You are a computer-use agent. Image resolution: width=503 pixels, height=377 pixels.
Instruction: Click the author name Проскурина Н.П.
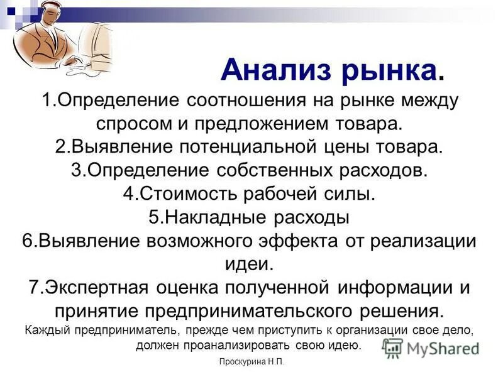pos(251,363)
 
